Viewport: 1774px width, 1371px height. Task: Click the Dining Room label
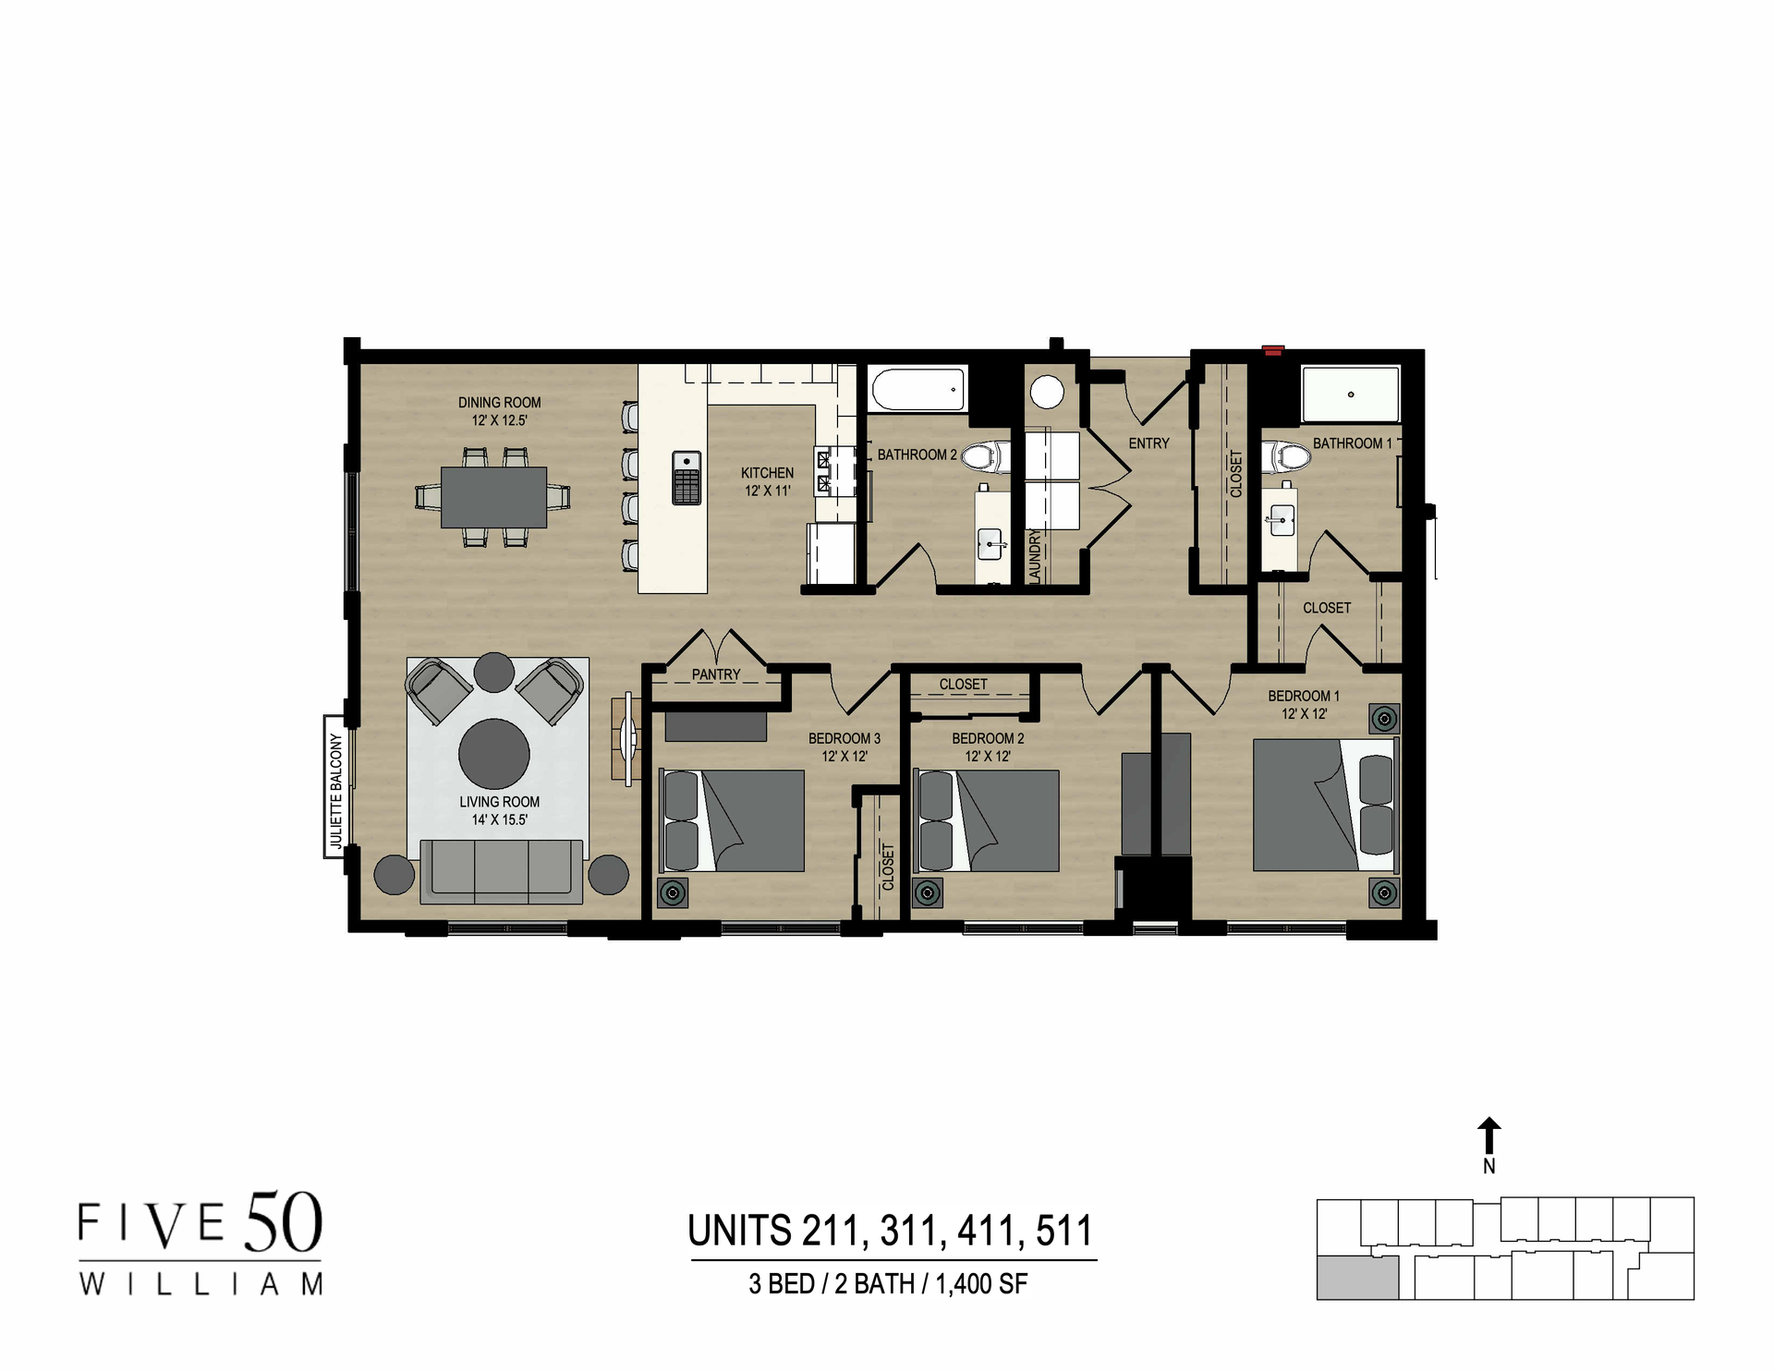point(499,403)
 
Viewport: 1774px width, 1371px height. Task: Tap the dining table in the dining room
point(493,496)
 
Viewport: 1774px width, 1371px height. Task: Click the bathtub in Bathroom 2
point(917,389)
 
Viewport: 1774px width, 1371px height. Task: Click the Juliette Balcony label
point(335,791)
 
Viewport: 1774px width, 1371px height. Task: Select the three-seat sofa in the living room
point(502,870)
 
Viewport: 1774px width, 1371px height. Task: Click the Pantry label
point(715,674)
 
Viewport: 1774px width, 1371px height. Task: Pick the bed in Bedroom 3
point(732,820)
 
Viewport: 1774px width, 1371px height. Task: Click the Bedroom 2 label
point(988,738)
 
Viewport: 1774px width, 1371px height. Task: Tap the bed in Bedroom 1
point(1323,804)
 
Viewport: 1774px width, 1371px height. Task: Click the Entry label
point(1148,443)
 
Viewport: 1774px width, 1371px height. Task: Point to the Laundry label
point(1035,555)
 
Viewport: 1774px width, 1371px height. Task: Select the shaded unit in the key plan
point(1356,1279)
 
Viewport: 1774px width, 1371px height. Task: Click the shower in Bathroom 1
point(1350,394)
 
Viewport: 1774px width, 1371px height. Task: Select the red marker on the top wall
point(1273,350)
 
